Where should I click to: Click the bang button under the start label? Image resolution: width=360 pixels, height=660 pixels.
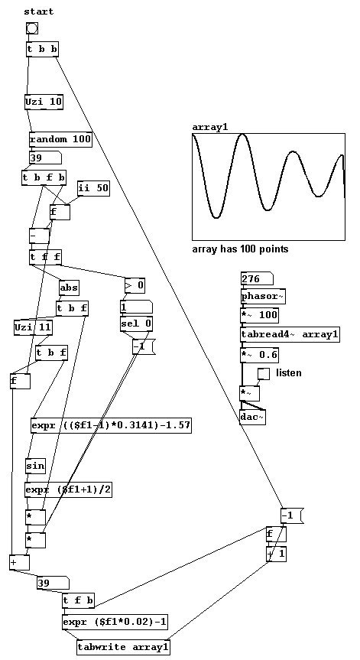(x=32, y=28)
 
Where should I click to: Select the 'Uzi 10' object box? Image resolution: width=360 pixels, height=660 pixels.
(x=44, y=102)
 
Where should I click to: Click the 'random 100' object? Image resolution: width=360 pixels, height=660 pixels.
(x=60, y=139)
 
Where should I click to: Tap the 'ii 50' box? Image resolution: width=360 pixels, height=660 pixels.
(x=93, y=189)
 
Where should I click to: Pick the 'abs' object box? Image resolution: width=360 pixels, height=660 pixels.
(x=69, y=288)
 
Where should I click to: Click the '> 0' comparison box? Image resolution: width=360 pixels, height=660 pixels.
(x=135, y=286)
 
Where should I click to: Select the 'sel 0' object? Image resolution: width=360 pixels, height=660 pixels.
(x=136, y=323)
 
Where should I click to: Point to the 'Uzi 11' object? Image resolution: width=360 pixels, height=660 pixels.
(x=34, y=327)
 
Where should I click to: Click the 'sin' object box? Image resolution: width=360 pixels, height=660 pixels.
(x=35, y=466)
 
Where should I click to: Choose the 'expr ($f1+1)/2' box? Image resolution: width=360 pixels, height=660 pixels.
(x=69, y=490)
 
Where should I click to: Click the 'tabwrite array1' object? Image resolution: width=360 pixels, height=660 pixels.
(x=124, y=647)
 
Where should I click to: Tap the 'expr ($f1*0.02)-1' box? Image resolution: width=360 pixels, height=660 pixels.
(x=115, y=622)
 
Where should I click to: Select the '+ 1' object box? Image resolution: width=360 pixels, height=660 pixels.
(x=276, y=554)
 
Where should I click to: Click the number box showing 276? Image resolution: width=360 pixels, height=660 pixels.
(x=258, y=278)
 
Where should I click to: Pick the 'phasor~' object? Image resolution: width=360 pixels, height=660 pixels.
(x=263, y=296)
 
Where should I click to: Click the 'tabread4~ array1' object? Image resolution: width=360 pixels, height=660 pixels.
(x=290, y=335)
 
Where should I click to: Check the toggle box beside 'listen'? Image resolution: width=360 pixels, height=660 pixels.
(x=264, y=374)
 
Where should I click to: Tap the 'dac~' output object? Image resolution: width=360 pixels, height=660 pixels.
(x=253, y=417)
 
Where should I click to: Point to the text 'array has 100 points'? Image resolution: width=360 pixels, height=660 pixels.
(x=240, y=249)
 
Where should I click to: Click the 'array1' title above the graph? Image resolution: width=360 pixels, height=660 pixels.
(x=210, y=127)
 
